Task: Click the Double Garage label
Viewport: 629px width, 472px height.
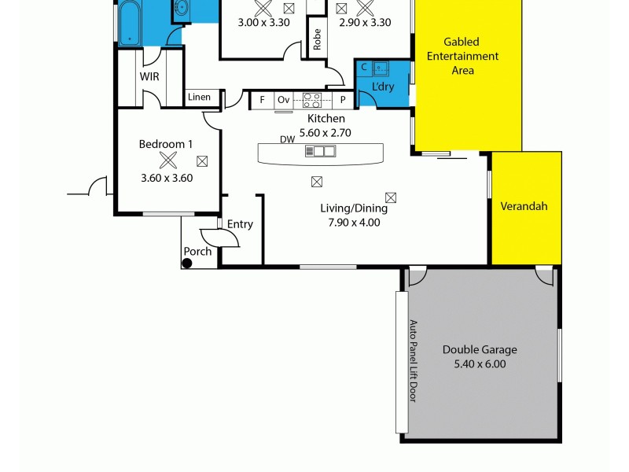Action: coord(479,350)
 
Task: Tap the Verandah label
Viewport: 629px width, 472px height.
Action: coord(524,207)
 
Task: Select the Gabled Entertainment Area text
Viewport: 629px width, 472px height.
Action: coord(471,56)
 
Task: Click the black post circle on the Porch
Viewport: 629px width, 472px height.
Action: coord(187,263)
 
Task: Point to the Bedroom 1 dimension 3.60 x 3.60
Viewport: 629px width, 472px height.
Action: coord(167,178)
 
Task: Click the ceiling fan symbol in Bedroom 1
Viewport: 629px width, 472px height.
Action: coord(167,161)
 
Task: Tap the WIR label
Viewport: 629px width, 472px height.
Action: coord(149,77)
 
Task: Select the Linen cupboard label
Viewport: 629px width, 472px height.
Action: coord(199,98)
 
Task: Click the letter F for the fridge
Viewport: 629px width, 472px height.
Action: coord(262,101)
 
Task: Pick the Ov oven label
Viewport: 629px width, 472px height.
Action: coord(283,101)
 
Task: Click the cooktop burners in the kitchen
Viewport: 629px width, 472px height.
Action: coord(312,100)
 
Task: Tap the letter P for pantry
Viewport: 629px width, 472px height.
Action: coord(343,101)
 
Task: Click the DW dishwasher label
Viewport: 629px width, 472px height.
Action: coord(287,139)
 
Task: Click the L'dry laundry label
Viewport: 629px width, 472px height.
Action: coord(384,86)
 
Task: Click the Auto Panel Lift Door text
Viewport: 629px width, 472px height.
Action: coord(412,361)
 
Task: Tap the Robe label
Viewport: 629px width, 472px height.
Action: coord(318,39)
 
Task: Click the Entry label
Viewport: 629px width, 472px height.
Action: coord(240,224)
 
